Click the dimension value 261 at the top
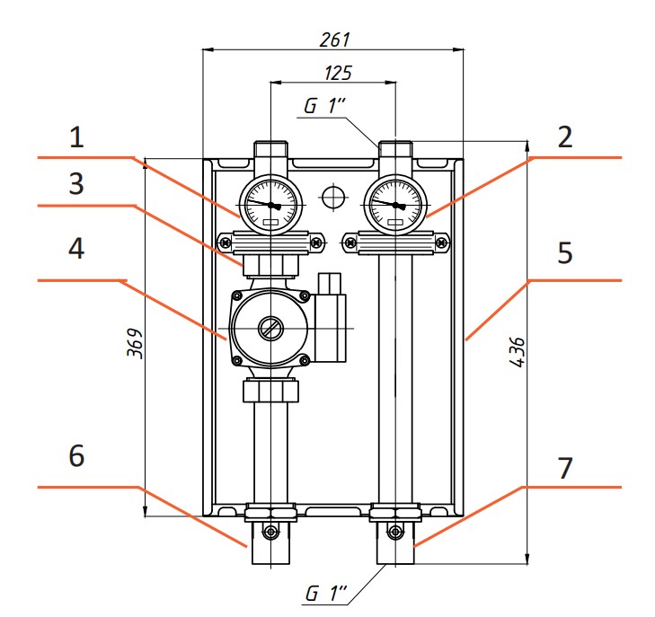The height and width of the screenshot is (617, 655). [333, 40]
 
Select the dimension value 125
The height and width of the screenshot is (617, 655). [333, 73]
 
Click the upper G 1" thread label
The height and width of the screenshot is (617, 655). [324, 105]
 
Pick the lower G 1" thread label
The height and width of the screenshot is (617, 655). [324, 594]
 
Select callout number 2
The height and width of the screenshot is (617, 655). [564, 138]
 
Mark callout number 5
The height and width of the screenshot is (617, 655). [564, 253]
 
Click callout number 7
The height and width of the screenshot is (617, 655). [564, 467]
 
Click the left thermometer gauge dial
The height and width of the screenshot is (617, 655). [270, 205]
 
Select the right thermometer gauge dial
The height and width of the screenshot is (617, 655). [395, 205]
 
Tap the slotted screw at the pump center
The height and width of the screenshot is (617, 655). [270, 329]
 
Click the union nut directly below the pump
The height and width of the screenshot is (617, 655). [270, 392]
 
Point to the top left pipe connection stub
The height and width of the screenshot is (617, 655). [270, 150]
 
